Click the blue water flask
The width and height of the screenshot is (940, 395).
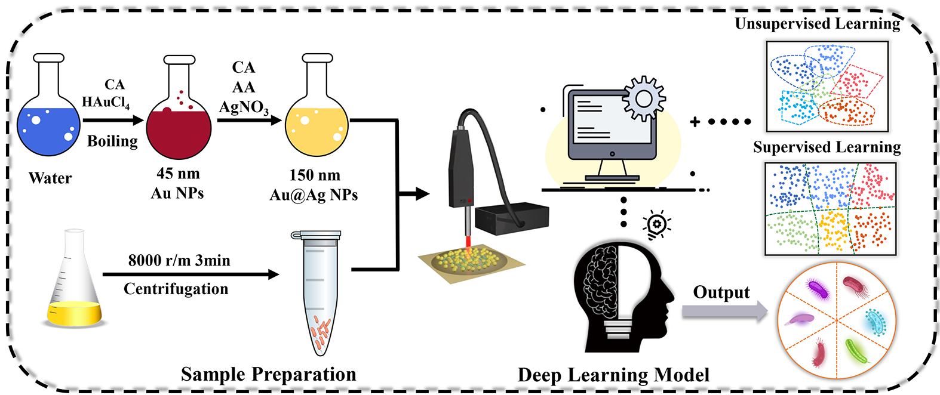[48, 128]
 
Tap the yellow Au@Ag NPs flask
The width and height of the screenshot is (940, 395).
[317, 128]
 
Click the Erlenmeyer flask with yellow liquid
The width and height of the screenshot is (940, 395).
[74, 292]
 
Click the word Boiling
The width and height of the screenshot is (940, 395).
[112, 141]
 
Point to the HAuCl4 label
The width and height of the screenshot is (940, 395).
[106, 102]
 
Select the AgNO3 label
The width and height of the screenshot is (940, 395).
[244, 107]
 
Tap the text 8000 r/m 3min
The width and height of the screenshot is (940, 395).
[179, 260]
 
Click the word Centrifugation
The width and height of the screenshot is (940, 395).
[176, 289]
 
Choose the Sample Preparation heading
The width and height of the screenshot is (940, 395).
[268, 374]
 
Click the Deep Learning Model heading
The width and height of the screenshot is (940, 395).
[613, 375]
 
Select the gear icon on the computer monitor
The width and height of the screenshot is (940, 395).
[644, 98]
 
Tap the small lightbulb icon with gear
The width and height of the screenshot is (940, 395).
[656, 226]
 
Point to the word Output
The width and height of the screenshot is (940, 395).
[721, 292]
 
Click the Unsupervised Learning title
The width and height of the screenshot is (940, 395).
[818, 24]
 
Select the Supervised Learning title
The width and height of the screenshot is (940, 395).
[827, 147]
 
